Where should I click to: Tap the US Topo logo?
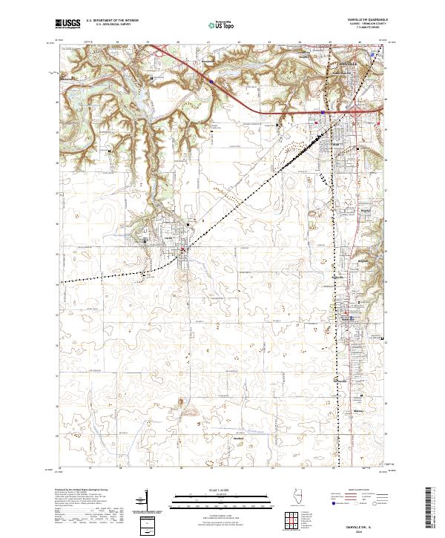pos(213,24)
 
